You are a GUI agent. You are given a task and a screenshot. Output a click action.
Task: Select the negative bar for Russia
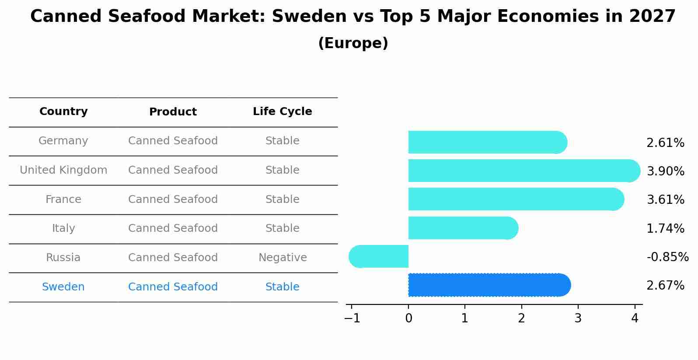[x=379, y=256]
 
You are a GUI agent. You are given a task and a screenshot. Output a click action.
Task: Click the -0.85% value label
[x=667, y=257]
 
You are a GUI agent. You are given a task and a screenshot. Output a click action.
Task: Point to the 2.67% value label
[x=665, y=286]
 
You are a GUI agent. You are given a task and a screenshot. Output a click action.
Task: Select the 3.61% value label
[x=665, y=200]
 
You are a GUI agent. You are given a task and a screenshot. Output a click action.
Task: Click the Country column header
[x=63, y=112]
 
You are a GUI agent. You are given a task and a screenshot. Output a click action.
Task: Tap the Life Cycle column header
[x=282, y=112]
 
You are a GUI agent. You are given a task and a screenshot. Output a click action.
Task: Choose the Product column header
[x=173, y=112]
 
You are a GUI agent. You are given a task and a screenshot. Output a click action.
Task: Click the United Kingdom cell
[x=63, y=170]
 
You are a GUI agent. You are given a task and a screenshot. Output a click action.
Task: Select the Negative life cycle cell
[x=282, y=258]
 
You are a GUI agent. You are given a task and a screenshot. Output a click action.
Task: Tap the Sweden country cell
[x=63, y=287]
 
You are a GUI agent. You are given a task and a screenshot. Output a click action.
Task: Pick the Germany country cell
[x=63, y=141]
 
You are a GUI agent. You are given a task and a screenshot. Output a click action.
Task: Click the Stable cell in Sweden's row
[x=282, y=287]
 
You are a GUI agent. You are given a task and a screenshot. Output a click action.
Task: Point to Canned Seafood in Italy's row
[x=173, y=228]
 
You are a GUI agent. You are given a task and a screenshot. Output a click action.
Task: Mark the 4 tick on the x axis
[x=635, y=318]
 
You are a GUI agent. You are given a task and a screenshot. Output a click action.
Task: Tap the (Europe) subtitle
[x=353, y=43]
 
